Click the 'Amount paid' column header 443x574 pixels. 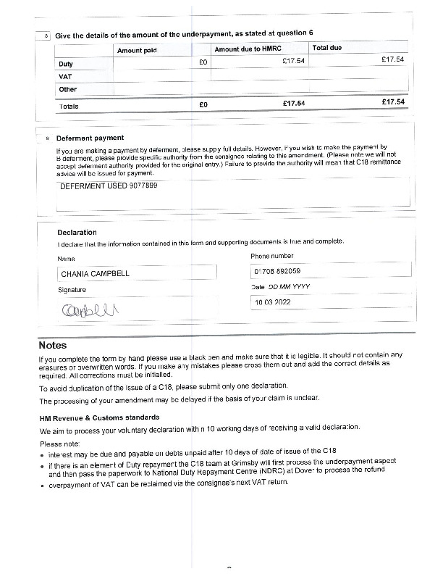137,50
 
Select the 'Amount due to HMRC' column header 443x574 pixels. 246,49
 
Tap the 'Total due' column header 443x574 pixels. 327,48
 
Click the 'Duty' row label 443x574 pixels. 66,64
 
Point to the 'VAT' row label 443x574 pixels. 65,76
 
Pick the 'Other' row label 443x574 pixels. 68,90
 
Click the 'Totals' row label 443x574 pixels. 69,106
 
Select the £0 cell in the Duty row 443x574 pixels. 203,62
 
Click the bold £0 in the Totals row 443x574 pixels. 203,105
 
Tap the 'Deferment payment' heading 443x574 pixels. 90,138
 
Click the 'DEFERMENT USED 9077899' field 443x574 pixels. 109,186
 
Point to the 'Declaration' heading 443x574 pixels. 77,233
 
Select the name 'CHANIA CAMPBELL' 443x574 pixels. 95,275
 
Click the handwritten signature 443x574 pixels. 93,310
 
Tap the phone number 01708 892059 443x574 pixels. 277,272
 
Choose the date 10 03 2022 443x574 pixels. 272,302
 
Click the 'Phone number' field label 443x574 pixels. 272,256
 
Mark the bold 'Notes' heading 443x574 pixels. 53,345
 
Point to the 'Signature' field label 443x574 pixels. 72,290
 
